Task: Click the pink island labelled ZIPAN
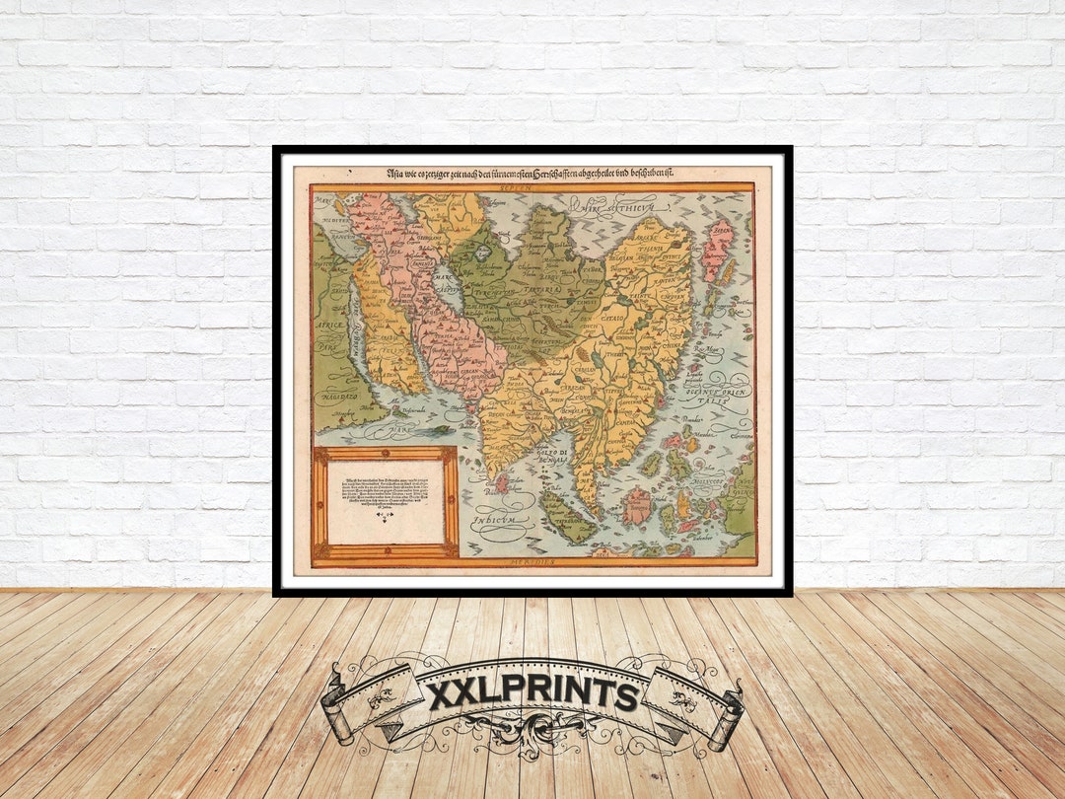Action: [x=717, y=251]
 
